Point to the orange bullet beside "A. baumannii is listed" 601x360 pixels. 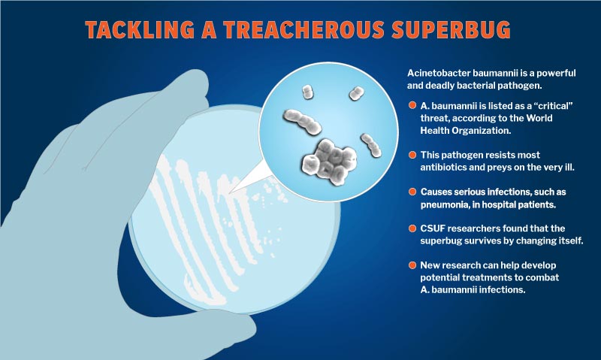(412, 104)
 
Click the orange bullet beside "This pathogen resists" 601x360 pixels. (412, 155)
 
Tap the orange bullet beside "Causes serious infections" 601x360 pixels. (412, 192)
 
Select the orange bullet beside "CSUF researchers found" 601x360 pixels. (412, 228)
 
